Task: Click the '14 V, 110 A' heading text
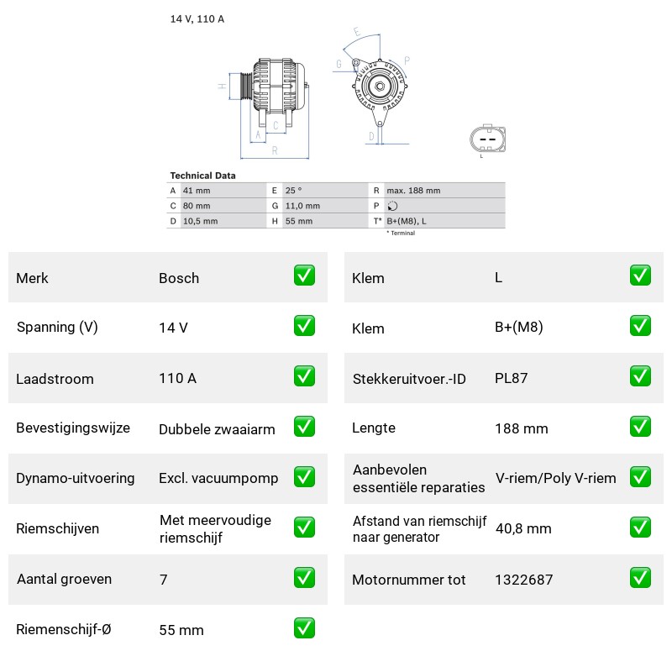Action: click(x=197, y=18)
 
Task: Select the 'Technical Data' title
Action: click(x=202, y=176)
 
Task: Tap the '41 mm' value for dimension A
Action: click(x=197, y=191)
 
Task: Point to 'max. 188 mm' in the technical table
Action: click(x=413, y=191)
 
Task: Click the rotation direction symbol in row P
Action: click(x=392, y=206)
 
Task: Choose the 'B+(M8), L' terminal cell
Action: click(x=407, y=221)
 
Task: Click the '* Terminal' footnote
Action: click(x=402, y=234)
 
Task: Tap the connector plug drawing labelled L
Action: click(x=488, y=139)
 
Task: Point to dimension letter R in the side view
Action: click(x=275, y=150)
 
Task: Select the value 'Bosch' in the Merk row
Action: click(x=179, y=278)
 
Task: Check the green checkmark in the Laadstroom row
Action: click(x=304, y=375)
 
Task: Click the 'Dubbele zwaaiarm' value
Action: click(x=217, y=429)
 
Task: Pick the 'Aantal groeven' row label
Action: click(x=65, y=579)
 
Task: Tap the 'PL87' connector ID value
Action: click(x=512, y=378)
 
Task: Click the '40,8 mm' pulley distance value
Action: click(x=523, y=528)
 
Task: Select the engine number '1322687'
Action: click(x=524, y=580)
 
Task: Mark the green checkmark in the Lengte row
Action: click(x=640, y=427)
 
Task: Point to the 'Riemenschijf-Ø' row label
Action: click(x=64, y=629)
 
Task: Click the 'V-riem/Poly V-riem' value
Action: click(x=556, y=478)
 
